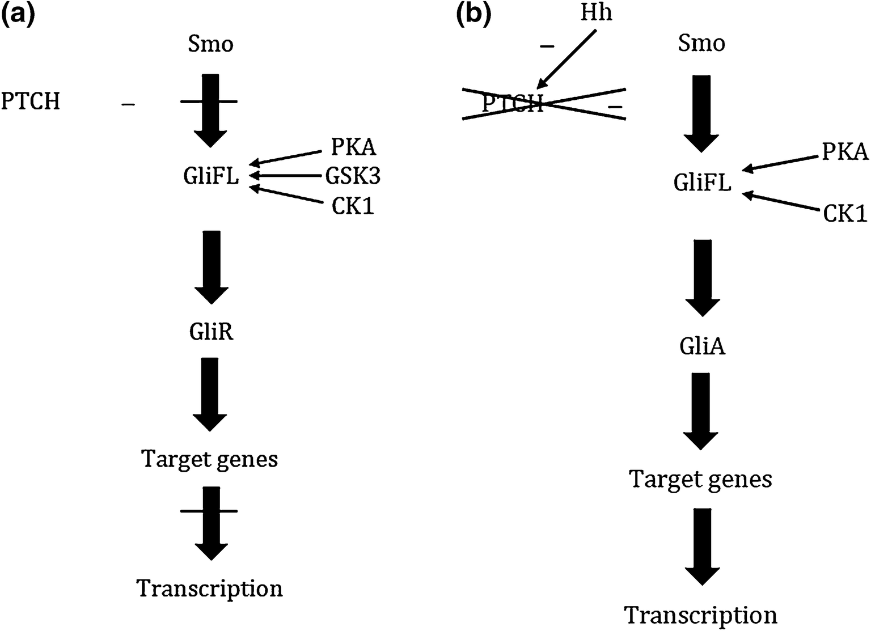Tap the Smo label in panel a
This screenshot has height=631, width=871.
(210, 44)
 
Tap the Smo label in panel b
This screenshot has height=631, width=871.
(701, 43)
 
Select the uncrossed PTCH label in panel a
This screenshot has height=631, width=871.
(31, 102)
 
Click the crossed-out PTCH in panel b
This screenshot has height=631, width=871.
(513, 104)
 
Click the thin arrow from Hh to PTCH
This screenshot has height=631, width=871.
(567, 59)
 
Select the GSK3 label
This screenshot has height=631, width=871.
(353, 176)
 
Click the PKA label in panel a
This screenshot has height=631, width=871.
(353, 147)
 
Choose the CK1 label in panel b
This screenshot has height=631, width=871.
(845, 214)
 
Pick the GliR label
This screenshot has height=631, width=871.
(211, 332)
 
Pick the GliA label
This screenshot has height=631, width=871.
(702, 346)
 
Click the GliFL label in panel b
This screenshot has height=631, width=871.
(702, 183)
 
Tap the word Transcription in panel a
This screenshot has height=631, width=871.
(210, 588)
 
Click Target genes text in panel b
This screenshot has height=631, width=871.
(701, 480)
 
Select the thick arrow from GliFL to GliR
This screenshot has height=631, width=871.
(211, 266)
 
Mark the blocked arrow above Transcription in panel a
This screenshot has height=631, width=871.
(210, 522)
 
